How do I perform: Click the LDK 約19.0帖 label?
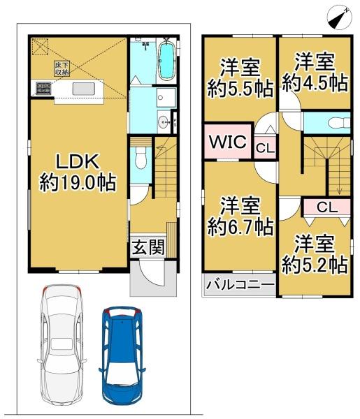pyautogui.click(x=77, y=172)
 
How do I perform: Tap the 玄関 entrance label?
pyautogui.click(x=147, y=247)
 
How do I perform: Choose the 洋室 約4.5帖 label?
pyautogui.click(x=315, y=73)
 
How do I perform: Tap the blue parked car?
pyautogui.click(x=125, y=355)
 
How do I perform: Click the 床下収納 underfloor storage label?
pyautogui.click(x=62, y=68)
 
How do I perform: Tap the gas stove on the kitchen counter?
pyautogui.click(x=43, y=88)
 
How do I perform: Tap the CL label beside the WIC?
pyautogui.click(x=264, y=147)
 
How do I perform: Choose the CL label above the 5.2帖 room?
pyautogui.click(x=326, y=207)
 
